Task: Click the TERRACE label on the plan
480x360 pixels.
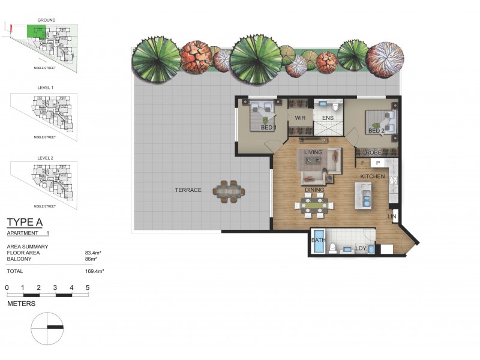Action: tap(188, 190)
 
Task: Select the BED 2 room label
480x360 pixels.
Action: tap(376, 131)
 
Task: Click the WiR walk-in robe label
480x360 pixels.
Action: tap(300, 118)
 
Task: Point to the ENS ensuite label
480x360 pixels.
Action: tap(328, 118)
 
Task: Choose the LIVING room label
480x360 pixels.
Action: tap(313, 152)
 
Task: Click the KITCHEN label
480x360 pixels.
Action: tap(372, 176)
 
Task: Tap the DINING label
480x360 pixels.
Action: tap(314, 190)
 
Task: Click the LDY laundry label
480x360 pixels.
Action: tap(361, 248)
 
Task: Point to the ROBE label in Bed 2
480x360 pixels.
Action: tap(374, 153)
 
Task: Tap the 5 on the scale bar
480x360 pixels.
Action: tap(88, 288)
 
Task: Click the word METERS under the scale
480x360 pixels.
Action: tap(22, 304)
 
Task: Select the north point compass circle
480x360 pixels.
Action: tap(47, 327)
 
